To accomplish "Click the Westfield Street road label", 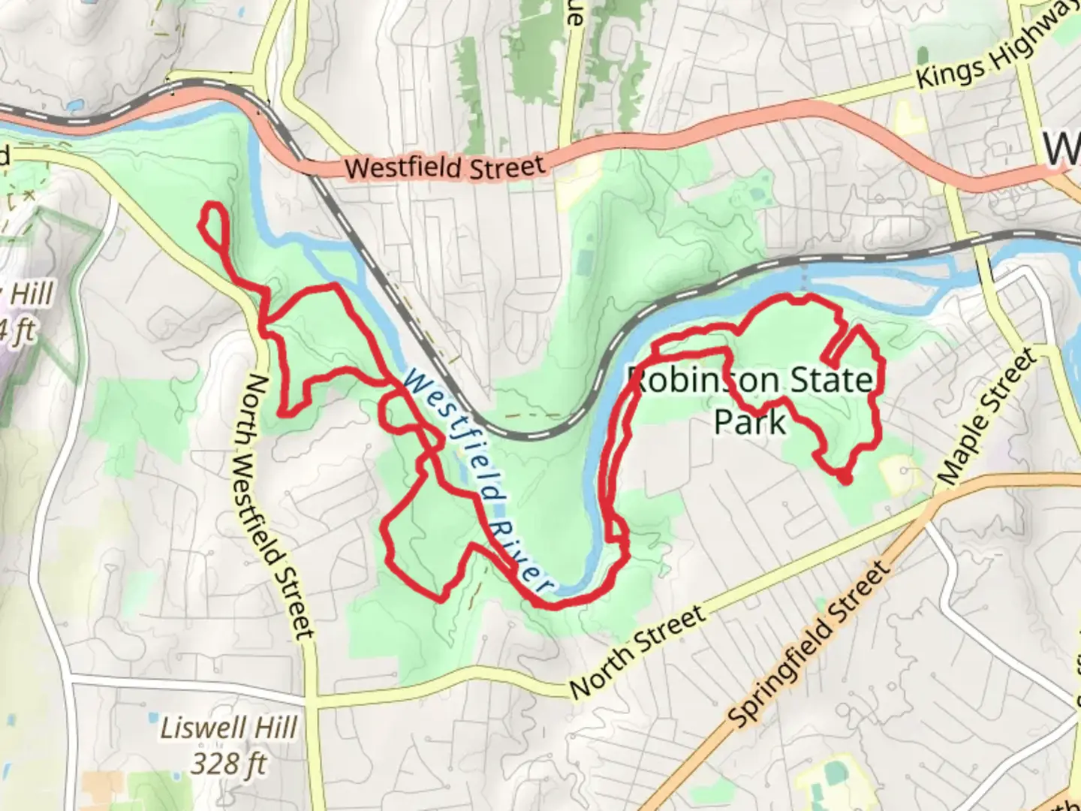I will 444,167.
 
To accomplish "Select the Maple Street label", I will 985,418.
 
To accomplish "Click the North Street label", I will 637,651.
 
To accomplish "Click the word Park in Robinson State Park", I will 749,422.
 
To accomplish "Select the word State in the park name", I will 833,381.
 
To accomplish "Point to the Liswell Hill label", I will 229,728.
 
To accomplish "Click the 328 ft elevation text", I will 229,763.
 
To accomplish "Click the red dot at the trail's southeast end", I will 845,478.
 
